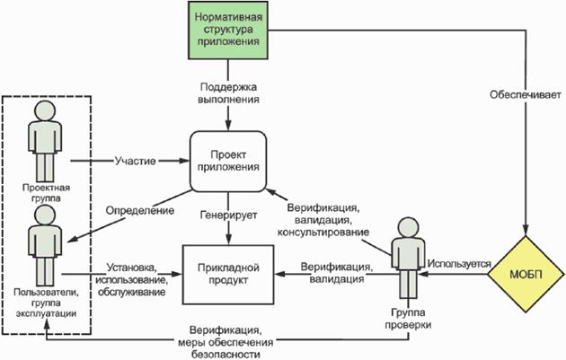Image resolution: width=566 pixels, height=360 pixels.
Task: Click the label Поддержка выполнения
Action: [x=229, y=92]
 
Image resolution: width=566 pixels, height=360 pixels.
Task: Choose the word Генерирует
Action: [x=228, y=215]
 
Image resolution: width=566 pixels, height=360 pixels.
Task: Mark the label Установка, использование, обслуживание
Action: [x=133, y=279]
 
